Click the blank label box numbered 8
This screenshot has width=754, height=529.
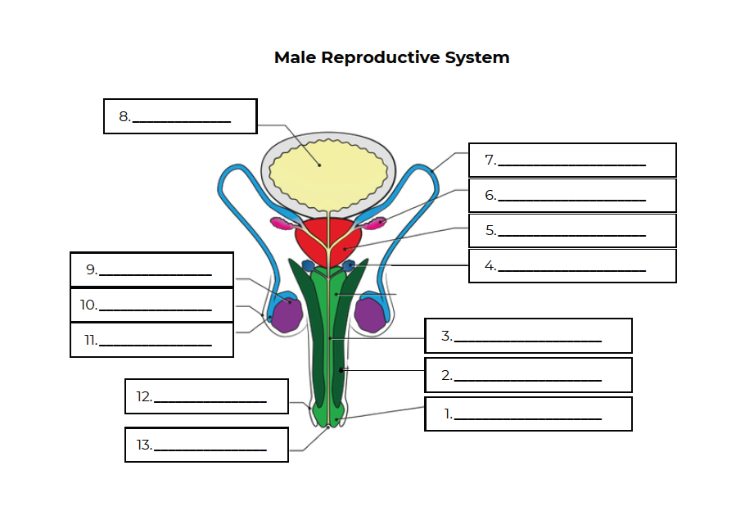tap(180, 116)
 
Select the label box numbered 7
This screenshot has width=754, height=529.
tap(572, 160)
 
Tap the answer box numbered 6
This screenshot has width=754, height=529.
tap(572, 195)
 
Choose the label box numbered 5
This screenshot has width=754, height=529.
tap(572, 230)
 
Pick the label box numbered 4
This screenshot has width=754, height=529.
tap(572, 265)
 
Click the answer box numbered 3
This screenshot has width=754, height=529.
tap(528, 336)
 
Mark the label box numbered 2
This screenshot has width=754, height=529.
tap(528, 375)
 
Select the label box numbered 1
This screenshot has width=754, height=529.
tap(528, 414)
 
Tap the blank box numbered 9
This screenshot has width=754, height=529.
tap(151, 269)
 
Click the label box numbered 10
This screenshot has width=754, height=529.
tap(151, 305)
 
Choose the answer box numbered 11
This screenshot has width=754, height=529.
tap(151, 340)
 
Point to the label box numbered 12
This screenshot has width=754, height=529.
tap(206, 396)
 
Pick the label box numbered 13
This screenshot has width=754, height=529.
tap(206, 445)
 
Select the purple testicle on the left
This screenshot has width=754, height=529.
tap(287, 314)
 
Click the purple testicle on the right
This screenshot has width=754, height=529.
tap(369, 314)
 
